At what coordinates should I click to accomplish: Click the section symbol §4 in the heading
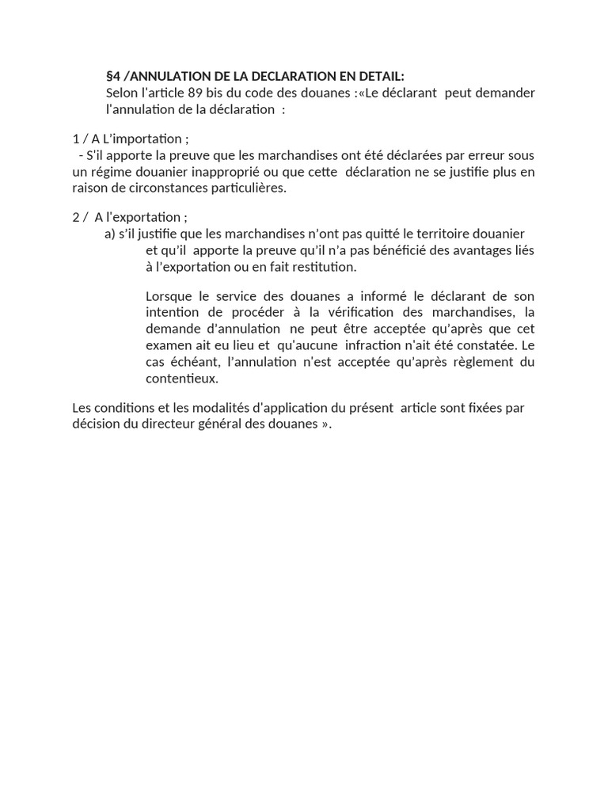pos(112,77)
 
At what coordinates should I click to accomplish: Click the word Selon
pos(123,93)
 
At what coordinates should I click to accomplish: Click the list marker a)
pos(109,234)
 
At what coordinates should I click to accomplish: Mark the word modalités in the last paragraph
pos(205,408)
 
